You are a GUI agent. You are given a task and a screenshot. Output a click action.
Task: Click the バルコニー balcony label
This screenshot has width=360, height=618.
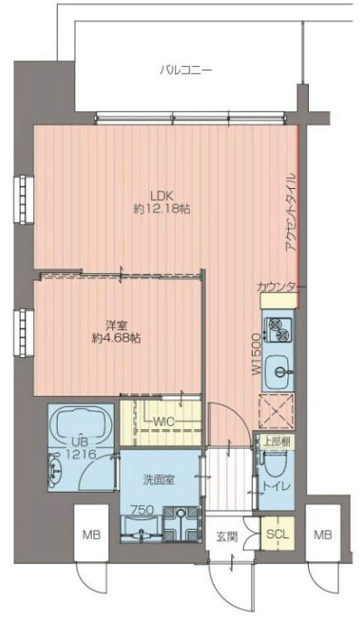click(x=186, y=71)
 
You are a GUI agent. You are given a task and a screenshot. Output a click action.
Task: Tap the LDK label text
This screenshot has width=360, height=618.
click(x=162, y=195)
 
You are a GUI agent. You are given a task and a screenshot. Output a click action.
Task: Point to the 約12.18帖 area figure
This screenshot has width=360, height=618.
click(x=162, y=209)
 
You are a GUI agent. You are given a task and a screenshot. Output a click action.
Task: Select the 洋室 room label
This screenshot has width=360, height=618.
click(x=116, y=326)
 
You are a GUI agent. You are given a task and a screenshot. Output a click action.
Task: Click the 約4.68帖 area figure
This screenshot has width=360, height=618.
click(x=116, y=339)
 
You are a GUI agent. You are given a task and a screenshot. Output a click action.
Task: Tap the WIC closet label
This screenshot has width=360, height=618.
click(x=163, y=422)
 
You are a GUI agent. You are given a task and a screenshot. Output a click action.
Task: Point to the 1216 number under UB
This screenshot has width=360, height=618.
click(x=81, y=455)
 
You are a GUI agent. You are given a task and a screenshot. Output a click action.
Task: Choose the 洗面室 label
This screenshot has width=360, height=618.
click(x=159, y=480)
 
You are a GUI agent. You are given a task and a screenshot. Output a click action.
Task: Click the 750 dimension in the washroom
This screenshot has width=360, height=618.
click(x=142, y=510)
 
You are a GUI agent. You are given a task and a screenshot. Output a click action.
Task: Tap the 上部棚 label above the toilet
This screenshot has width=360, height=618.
click(x=277, y=441)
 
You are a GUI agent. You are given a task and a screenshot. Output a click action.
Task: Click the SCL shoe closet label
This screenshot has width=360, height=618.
click(x=277, y=535)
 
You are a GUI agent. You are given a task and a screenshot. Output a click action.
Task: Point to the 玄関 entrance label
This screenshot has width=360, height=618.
click(x=226, y=537)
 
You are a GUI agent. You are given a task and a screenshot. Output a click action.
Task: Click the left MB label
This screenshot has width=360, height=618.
click(x=92, y=535)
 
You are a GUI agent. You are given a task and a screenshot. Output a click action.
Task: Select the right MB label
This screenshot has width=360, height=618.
click(x=323, y=535)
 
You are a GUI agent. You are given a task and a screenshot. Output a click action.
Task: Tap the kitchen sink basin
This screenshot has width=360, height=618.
click(x=278, y=371)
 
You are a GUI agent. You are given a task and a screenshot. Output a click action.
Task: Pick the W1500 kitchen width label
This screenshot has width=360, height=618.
click(x=256, y=354)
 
